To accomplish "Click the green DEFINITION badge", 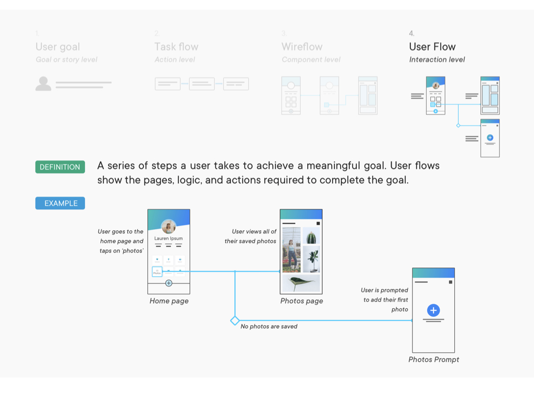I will (60, 167).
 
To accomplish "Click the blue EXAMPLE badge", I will (60, 203).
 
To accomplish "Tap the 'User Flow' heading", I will (432, 47).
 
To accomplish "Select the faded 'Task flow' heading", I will (176, 47).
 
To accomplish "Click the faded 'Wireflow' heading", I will (302, 47).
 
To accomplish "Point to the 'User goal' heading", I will (57, 47).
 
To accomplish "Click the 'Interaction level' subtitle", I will (437, 59).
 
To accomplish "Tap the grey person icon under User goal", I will (43, 83).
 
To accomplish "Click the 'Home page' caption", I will (169, 301).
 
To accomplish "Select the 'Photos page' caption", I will (301, 301).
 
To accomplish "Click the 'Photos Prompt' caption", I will (434, 359).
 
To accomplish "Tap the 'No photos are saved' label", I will (269, 327).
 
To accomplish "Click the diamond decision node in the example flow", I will (235, 320).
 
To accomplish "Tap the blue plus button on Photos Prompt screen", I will (433, 310).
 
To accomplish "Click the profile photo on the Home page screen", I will (168, 227).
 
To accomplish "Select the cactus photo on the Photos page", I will (312, 238).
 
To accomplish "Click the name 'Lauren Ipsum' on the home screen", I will (168, 239).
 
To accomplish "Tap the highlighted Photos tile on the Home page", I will (157, 271).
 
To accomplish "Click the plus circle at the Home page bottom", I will (168, 283).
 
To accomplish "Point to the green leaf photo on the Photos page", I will (301, 283).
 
